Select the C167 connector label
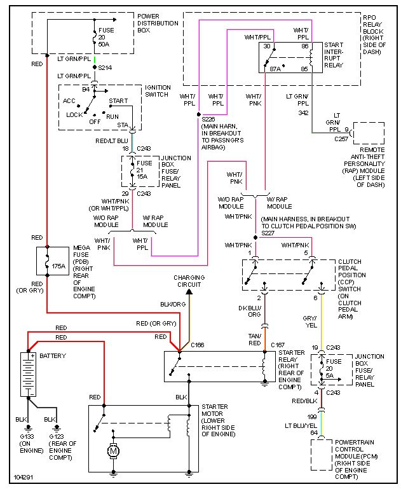pos(278,345)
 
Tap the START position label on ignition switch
pos(118,100)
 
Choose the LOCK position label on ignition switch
pos(74,115)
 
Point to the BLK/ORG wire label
pos(174,304)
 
